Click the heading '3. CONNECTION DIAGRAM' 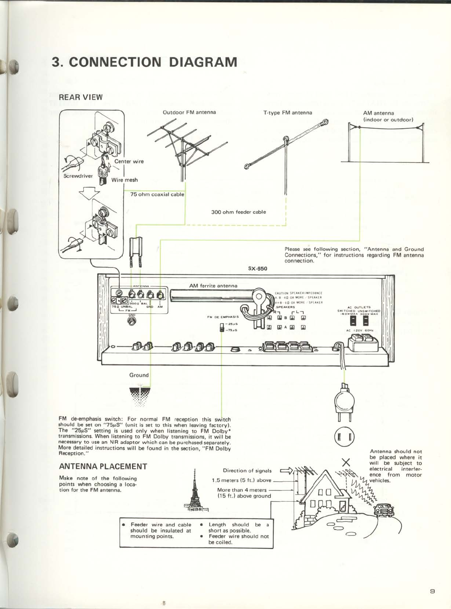pos(144,62)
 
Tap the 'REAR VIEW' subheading pos(81,97)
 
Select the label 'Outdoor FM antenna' pos(189,112)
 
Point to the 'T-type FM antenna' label pos(288,113)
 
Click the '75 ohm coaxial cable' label pos(157,194)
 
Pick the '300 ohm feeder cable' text pos(239,212)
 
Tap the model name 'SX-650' pos(258,268)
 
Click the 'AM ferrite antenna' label pos(213,286)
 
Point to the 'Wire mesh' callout pos(124,180)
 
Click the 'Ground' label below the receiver pos(139,375)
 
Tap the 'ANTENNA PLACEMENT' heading pos(103,466)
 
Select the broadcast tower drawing pos(195,493)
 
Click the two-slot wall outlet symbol pos(345,436)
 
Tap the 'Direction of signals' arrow pos(286,470)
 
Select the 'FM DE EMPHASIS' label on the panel pos(223,317)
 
